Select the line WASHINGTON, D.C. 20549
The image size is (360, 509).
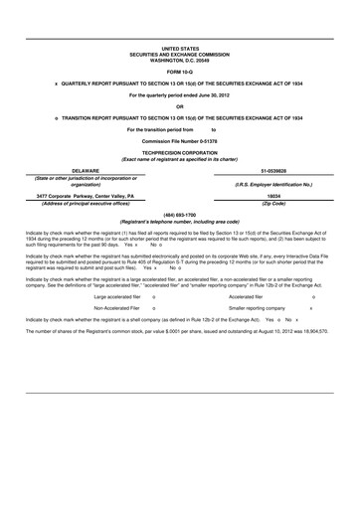[x=180, y=60]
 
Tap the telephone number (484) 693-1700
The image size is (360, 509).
[x=180, y=213]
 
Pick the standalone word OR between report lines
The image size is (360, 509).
[x=180, y=106]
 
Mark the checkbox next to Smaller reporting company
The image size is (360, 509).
[x=311, y=309]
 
